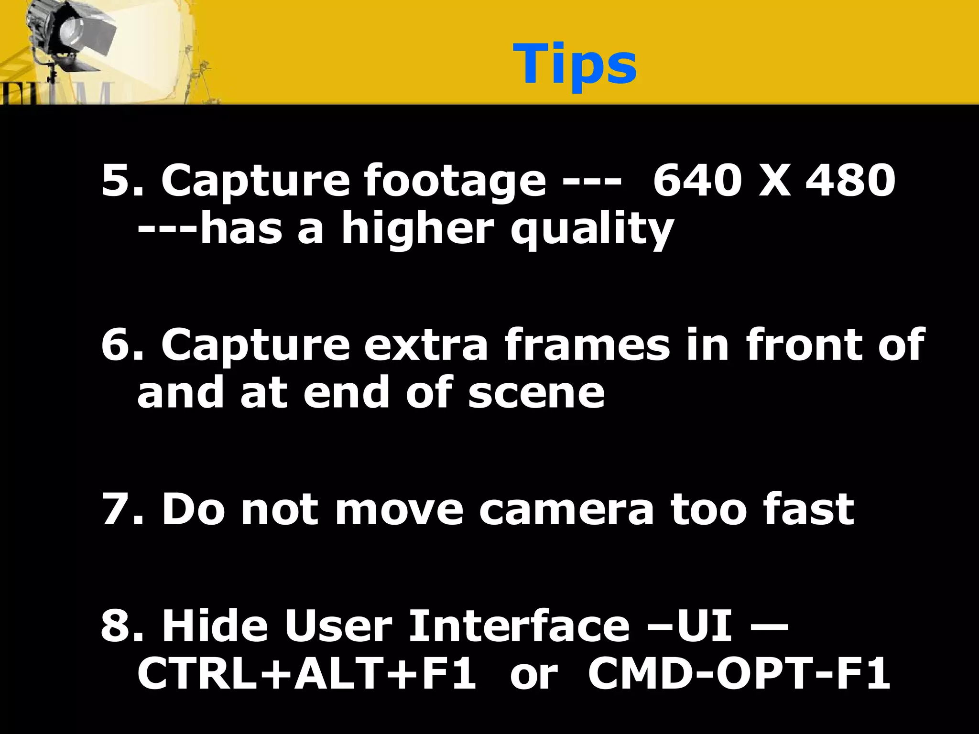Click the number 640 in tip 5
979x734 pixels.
(696, 181)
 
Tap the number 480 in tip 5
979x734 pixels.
(850, 181)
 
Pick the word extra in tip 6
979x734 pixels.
(426, 345)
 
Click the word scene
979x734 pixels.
(536, 393)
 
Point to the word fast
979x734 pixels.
(808, 509)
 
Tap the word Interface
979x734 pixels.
(519, 626)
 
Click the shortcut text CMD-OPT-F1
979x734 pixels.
(739, 674)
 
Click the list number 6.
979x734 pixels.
(115, 345)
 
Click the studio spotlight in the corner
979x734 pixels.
(72, 33)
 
